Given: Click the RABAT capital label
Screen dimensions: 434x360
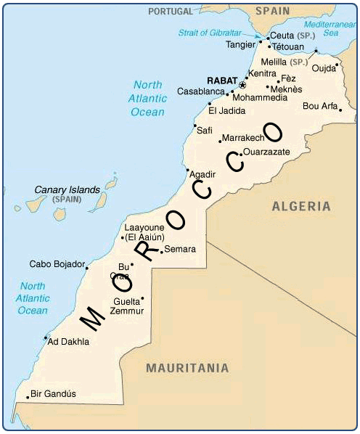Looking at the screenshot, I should click(221, 80).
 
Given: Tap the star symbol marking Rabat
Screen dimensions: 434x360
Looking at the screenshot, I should click(242, 86).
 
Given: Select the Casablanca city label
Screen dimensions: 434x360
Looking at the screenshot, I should click(200, 92).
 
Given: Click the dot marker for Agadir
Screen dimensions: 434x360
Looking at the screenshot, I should click(187, 171).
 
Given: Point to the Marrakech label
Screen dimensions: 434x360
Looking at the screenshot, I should click(242, 137).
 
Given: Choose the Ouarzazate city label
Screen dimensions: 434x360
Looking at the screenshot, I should click(266, 152).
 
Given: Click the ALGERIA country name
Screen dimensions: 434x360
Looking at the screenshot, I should click(301, 207).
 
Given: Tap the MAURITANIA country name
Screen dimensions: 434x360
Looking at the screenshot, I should click(187, 368).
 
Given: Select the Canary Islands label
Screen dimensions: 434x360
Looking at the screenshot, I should click(67, 190).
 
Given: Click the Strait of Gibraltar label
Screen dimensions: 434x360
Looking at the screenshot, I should click(209, 32).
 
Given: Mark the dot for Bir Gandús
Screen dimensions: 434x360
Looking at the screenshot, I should click(28, 397).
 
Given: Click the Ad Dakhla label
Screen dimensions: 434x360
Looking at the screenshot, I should click(68, 341).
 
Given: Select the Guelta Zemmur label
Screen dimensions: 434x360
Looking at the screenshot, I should click(127, 306).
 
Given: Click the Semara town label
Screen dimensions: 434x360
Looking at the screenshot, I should click(180, 249).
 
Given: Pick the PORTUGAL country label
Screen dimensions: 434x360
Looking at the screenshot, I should click(171, 11).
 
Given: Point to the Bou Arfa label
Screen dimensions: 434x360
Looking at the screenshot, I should click(320, 106).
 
